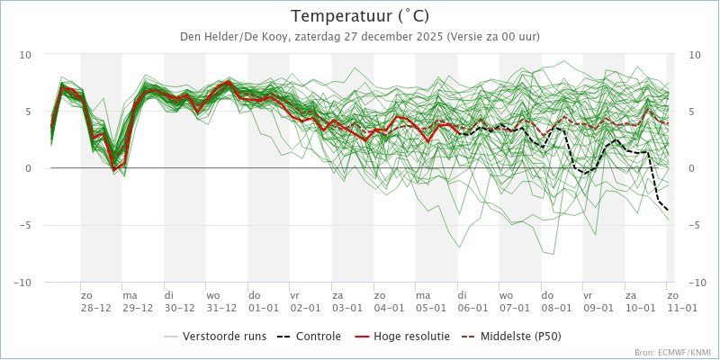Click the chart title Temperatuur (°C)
(x=360, y=16)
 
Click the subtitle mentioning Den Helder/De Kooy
(x=360, y=36)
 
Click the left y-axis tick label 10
(x=25, y=55)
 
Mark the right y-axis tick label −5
(x=694, y=226)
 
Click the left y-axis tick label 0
(x=28, y=168)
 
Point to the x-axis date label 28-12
(x=95, y=308)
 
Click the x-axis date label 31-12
(x=221, y=308)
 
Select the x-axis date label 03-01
(x=347, y=308)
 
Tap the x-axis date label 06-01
(x=472, y=308)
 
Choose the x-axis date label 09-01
(x=598, y=308)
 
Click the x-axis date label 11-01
(x=682, y=308)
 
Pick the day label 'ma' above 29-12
(x=130, y=295)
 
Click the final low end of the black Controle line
(x=668, y=211)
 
